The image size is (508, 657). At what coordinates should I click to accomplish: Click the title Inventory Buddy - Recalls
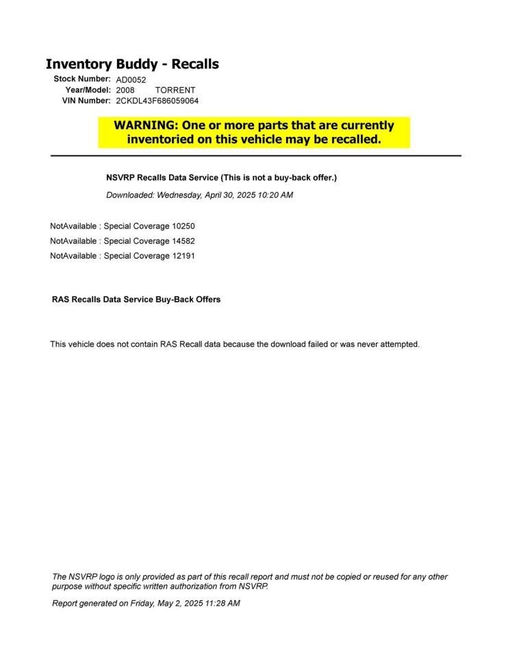pos(132,64)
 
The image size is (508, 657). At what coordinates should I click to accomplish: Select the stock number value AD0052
pos(131,80)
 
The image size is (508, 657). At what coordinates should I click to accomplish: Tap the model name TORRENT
pos(175,90)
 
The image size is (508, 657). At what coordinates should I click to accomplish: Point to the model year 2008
pos(125,90)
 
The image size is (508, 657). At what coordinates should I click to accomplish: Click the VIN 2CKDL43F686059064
pos(157,101)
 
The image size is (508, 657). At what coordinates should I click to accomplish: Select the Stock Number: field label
pos(82,79)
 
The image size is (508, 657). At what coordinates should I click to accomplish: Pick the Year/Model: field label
pos(88,90)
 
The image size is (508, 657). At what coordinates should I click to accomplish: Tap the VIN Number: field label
pos(86,101)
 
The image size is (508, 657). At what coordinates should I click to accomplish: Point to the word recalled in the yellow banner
pos(351,140)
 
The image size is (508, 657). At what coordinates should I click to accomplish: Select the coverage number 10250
pos(173,226)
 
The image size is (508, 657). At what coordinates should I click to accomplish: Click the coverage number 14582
pos(173,241)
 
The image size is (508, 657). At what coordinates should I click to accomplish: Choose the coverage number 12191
pos(173,256)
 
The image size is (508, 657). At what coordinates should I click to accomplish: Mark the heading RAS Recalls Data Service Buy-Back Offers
pos(136,300)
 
